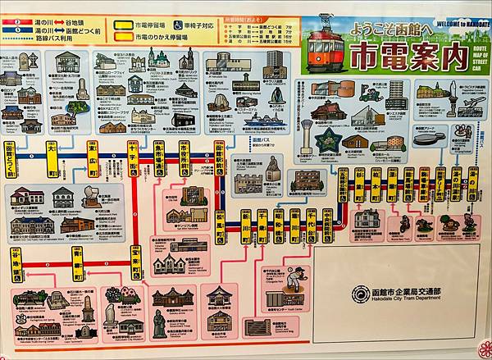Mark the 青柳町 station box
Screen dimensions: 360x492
75,264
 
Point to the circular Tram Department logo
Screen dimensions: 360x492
359,293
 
